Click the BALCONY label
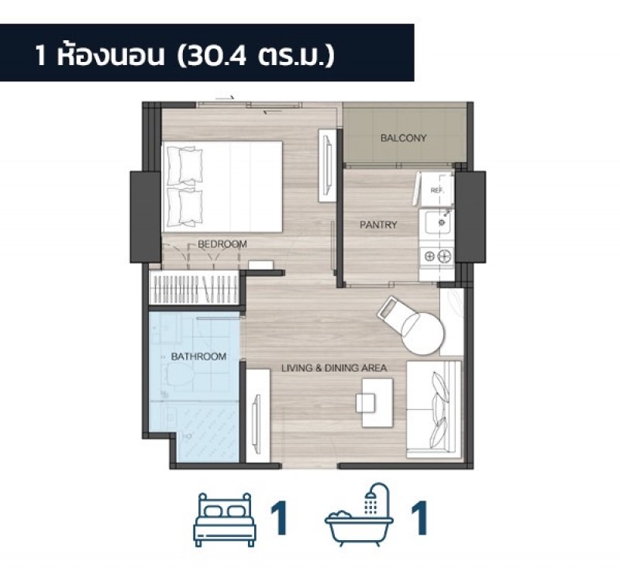(x=403, y=138)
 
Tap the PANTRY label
(x=378, y=225)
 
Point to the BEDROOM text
(x=222, y=244)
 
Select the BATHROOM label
(x=198, y=356)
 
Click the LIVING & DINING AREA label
(x=334, y=368)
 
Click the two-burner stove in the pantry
(x=437, y=256)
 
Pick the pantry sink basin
(x=437, y=222)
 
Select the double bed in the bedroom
(x=222, y=187)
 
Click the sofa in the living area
(x=434, y=409)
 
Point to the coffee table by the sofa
(x=377, y=403)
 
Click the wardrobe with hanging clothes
(x=195, y=287)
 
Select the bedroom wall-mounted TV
(x=327, y=165)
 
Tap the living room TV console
(x=258, y=415)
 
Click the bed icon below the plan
(x=224, y=519)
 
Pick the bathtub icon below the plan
(x=359, y=515)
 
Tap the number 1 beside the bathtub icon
(x=419, y=518)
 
